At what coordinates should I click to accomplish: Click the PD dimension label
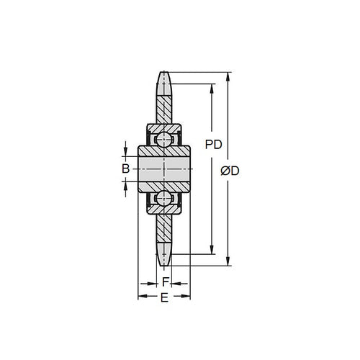[x=212, y=144]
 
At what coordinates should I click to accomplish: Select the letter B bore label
[x=125, y=168]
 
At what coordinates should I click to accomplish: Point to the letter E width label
[x=164, y=298]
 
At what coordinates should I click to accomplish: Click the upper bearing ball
[x=164, y=137]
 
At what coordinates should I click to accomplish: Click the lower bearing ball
[x=164, y=199]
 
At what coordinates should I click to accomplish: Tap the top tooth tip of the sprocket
[x=164, y=73]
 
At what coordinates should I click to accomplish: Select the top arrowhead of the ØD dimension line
[x=229, y=75]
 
